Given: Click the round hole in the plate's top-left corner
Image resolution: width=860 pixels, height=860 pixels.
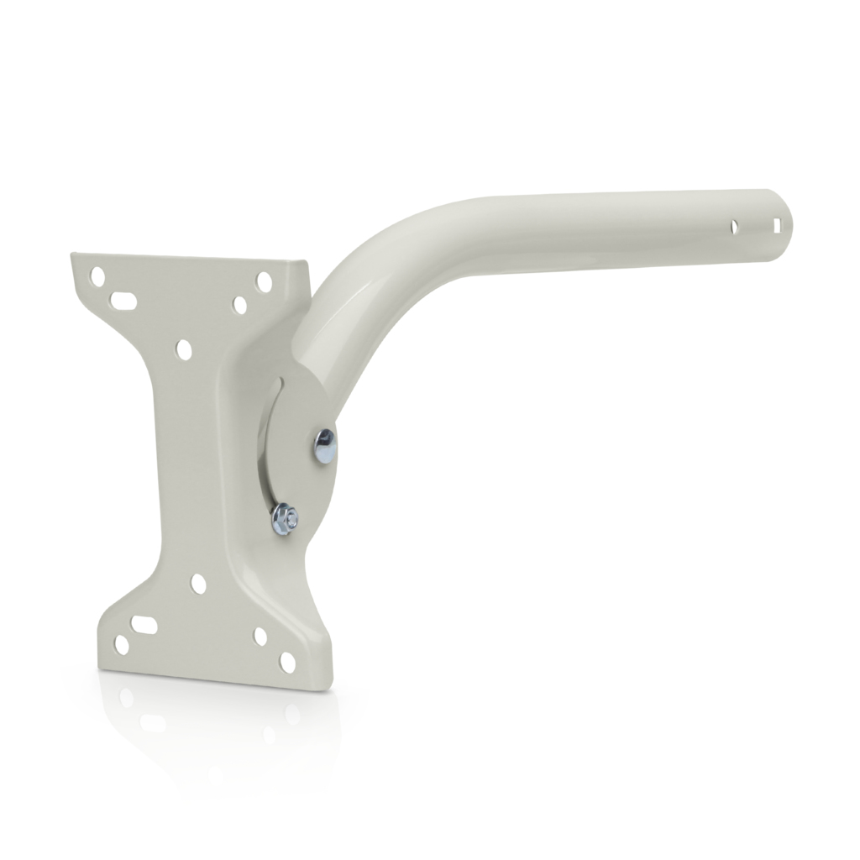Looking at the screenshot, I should pos(99,275).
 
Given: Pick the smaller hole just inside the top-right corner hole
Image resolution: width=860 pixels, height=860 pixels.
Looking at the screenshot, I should pos(240,304).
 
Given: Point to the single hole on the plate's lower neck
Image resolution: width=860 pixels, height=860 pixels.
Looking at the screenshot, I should pos(198,582).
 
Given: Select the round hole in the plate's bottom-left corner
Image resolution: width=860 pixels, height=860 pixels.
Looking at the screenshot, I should pos(122,645).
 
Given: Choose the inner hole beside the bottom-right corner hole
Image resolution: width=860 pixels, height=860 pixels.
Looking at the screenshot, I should pos(260,637).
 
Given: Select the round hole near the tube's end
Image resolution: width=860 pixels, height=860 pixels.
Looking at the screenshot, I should pos(735,227).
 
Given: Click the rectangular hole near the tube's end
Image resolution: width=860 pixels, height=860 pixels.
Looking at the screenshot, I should pos(778,225).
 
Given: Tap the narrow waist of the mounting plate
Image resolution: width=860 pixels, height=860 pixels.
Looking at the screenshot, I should pos(185,462).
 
